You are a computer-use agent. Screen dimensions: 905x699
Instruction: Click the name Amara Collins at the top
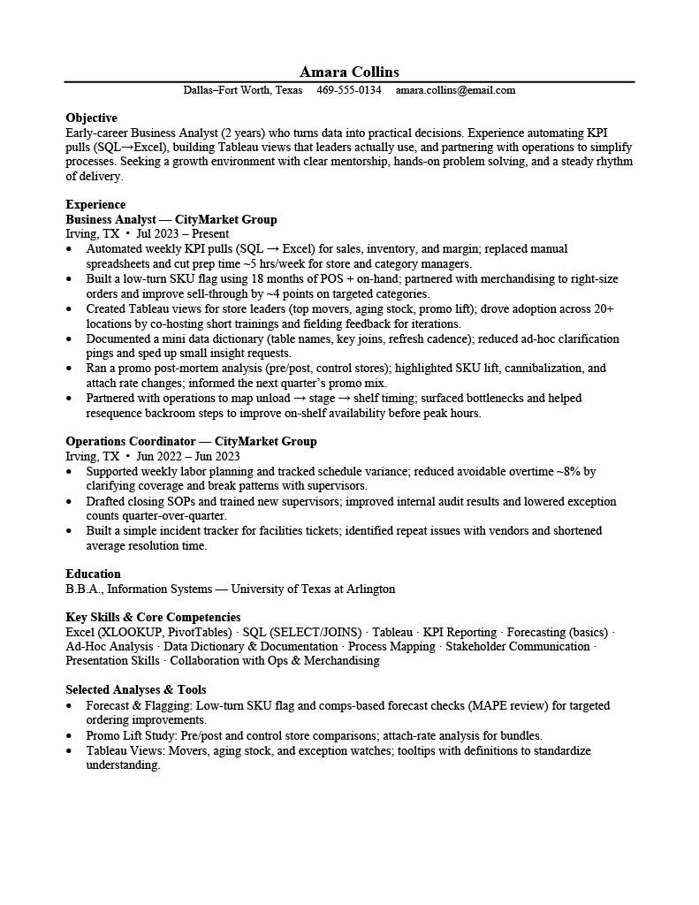pos(349,72)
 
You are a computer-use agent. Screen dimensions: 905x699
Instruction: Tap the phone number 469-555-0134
pos(349,90)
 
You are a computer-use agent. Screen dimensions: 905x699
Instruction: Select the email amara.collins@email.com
pos(455,90)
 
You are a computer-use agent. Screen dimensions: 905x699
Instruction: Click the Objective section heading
pos(91,118)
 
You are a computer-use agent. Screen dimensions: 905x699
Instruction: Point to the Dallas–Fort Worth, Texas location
pos(242,90)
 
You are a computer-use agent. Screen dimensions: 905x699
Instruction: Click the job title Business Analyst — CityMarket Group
pos(171,219)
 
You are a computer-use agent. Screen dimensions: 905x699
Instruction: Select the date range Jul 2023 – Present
pos(183,234)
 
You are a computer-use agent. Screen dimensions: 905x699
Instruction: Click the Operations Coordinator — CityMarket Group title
pos(191,441)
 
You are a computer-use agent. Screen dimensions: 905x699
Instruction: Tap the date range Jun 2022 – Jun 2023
pos(188,456)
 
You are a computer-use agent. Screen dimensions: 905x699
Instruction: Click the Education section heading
pos(93,574)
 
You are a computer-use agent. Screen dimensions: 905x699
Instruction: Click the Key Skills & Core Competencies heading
pos(153,617)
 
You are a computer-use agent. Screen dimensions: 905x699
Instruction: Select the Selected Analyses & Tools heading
pos(136,689)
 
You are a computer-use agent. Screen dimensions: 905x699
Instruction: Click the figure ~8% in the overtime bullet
pos(570,471)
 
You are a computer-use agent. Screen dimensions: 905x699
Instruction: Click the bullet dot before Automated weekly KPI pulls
pos(70,249)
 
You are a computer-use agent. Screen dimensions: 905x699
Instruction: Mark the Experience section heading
pos(95,204)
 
